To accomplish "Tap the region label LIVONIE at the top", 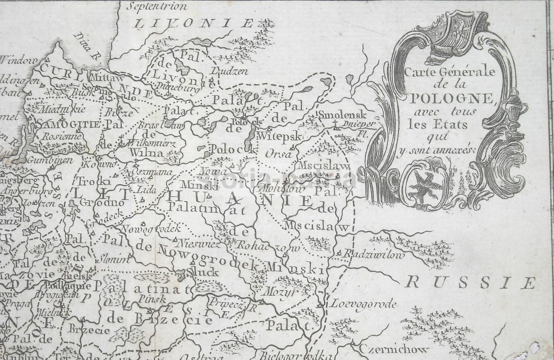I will click(x=194, y=23).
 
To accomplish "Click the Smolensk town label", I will click(x=342, y=115).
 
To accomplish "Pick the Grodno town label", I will click(x=102, y=202).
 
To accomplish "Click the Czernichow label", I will click(x=394, y=349).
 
